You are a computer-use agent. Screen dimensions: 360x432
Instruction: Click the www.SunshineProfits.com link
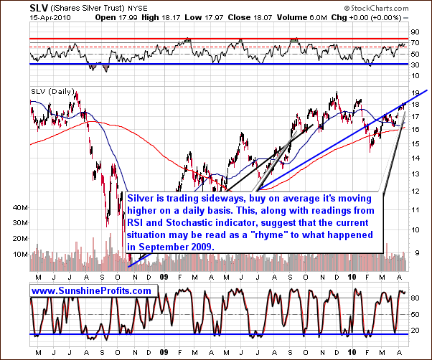pos(92,291)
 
